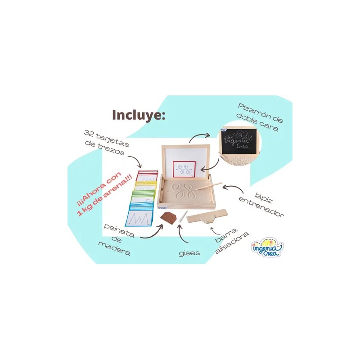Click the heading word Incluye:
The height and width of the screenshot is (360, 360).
click(x=139, y=115)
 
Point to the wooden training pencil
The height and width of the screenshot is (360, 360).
click(x=209, y=186)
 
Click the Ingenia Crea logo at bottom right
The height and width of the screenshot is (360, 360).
click(x=267, y=248)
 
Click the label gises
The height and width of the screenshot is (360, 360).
click(x=189, y=253)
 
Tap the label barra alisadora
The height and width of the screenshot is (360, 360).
click(x=232, y=242)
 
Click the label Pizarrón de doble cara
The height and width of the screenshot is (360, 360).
click(x=260, y=117)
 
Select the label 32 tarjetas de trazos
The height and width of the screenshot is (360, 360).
click(x=106, y=142)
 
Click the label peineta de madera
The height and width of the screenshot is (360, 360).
click(x=117, y=239)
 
